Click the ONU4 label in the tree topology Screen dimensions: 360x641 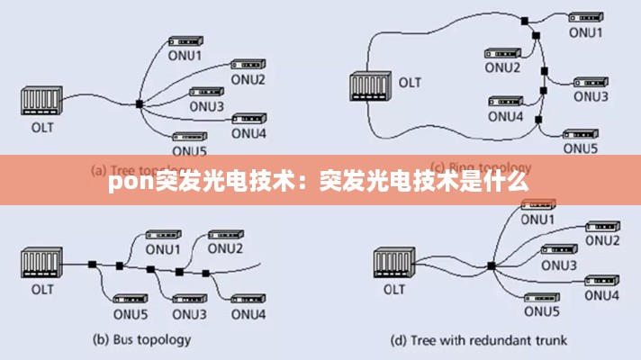[x=248, y=133]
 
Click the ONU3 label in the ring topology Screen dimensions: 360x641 [x=591, y=95]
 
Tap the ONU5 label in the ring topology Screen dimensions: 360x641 [x=581, y=148]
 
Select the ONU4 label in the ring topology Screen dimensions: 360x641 [x=505, y=115]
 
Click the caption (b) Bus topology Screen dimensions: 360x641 [x=142, y=339]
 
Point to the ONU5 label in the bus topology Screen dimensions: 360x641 [x=131, y=313]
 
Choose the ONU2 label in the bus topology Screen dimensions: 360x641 [x=226, y=248]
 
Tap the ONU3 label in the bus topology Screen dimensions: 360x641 [x=189, y=313]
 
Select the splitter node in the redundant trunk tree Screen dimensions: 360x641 [x=492, y=265]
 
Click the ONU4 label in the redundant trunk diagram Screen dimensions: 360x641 [x=602, y=296]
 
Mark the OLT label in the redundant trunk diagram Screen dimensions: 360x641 [x=393, y=289]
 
